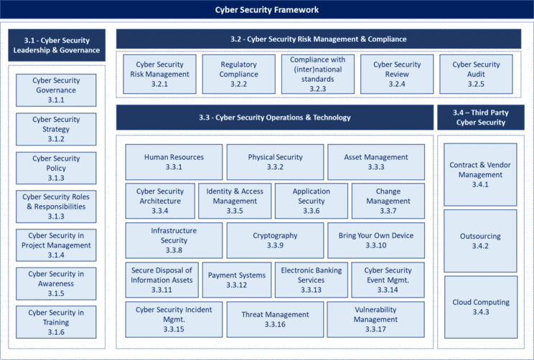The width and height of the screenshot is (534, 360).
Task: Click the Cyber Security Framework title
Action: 267,10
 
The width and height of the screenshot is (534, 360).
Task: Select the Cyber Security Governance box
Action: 56,90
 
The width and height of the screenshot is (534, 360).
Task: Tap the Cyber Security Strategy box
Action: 56,129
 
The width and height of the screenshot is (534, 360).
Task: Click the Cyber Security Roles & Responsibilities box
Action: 56,207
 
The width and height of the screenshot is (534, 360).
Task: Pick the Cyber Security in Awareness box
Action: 56,284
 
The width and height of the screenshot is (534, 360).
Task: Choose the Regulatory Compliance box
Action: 239,75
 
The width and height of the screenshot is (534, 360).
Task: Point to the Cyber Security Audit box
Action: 476,75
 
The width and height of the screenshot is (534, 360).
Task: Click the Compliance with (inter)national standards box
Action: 318,75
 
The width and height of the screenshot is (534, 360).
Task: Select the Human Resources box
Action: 174,162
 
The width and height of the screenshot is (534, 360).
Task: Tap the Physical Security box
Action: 275,162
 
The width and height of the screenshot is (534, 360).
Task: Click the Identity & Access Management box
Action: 235,201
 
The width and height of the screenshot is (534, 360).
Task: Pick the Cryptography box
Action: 275,240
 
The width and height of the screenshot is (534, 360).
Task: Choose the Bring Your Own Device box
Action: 376,240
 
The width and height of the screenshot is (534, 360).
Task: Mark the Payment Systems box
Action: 237,280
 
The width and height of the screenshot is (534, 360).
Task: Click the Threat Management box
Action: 275,319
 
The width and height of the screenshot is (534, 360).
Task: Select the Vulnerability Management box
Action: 376,319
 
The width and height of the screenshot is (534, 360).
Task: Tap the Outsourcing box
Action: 480,241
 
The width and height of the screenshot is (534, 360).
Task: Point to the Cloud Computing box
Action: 480,307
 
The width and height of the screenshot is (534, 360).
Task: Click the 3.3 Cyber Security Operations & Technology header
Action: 275,118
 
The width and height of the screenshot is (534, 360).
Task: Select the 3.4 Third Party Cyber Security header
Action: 480,118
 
